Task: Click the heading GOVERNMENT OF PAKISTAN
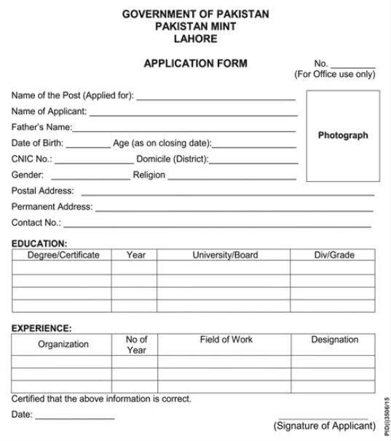tap(195, 14)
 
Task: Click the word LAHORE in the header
tap(195, 39)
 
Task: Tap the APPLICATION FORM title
tap(195, 63)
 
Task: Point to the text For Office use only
tap(335, 74)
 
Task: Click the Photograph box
tap(343, 135)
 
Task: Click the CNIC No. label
tap(31, 159)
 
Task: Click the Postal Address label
tap(43, 191)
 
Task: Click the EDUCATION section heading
tap(39, 243)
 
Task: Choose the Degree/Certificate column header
tap(63, 255)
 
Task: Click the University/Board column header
tap(224, 255)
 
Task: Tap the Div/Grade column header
tap(334, 255)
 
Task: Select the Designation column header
tap(334, 340)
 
